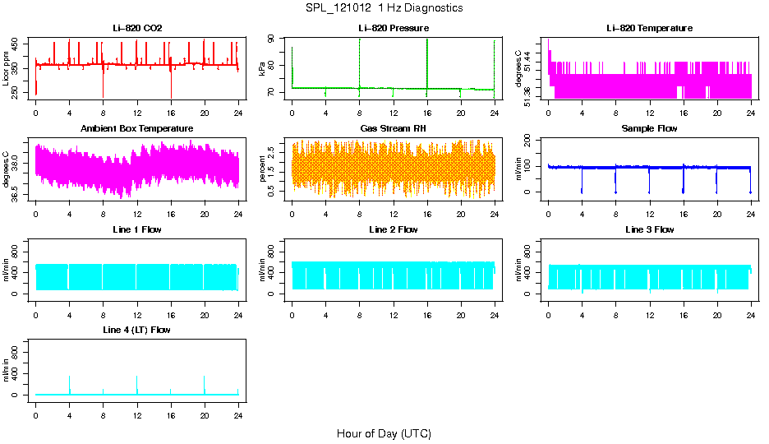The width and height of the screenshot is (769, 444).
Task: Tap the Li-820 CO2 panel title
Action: pos(137,28)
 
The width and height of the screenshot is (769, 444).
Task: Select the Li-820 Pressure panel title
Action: pos(394,28)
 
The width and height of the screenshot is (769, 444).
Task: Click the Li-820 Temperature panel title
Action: pos(649,28)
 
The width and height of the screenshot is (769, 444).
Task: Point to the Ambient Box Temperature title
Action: pos(137,128)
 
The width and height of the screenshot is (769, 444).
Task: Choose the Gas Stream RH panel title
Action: pos(394,128)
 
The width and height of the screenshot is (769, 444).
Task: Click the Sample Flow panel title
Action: pos(649,128)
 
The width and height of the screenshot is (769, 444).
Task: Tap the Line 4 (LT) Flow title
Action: pos(137,330)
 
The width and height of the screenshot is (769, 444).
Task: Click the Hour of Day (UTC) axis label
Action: pos(384,433)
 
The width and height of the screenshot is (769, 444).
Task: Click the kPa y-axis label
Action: pos(263,70)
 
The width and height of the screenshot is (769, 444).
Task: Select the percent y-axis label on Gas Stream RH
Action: pos(263,170)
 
